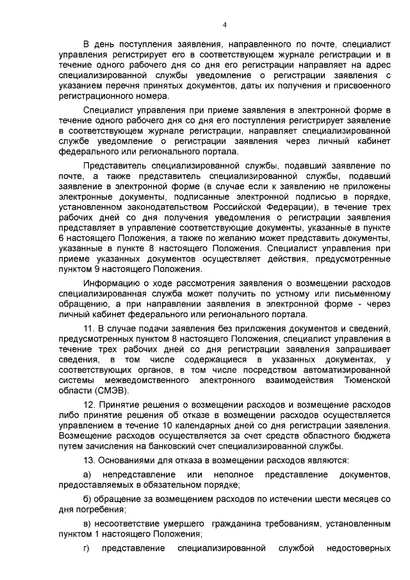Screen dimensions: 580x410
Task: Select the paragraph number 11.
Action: (90, 329)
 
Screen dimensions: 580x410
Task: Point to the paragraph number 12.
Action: (90, 406)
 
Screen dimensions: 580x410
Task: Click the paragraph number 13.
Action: (90, 461)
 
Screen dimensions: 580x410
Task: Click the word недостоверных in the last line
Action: (359, 549)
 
